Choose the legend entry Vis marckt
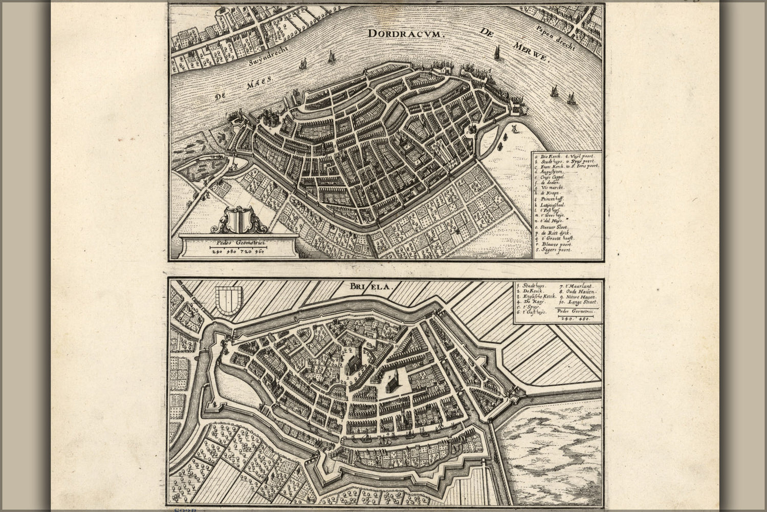click(x=552, y=188)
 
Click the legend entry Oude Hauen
click(x=579, y=291)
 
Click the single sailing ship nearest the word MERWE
click(x=496, y=52)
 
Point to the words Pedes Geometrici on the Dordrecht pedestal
click(x=238, y=244)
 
